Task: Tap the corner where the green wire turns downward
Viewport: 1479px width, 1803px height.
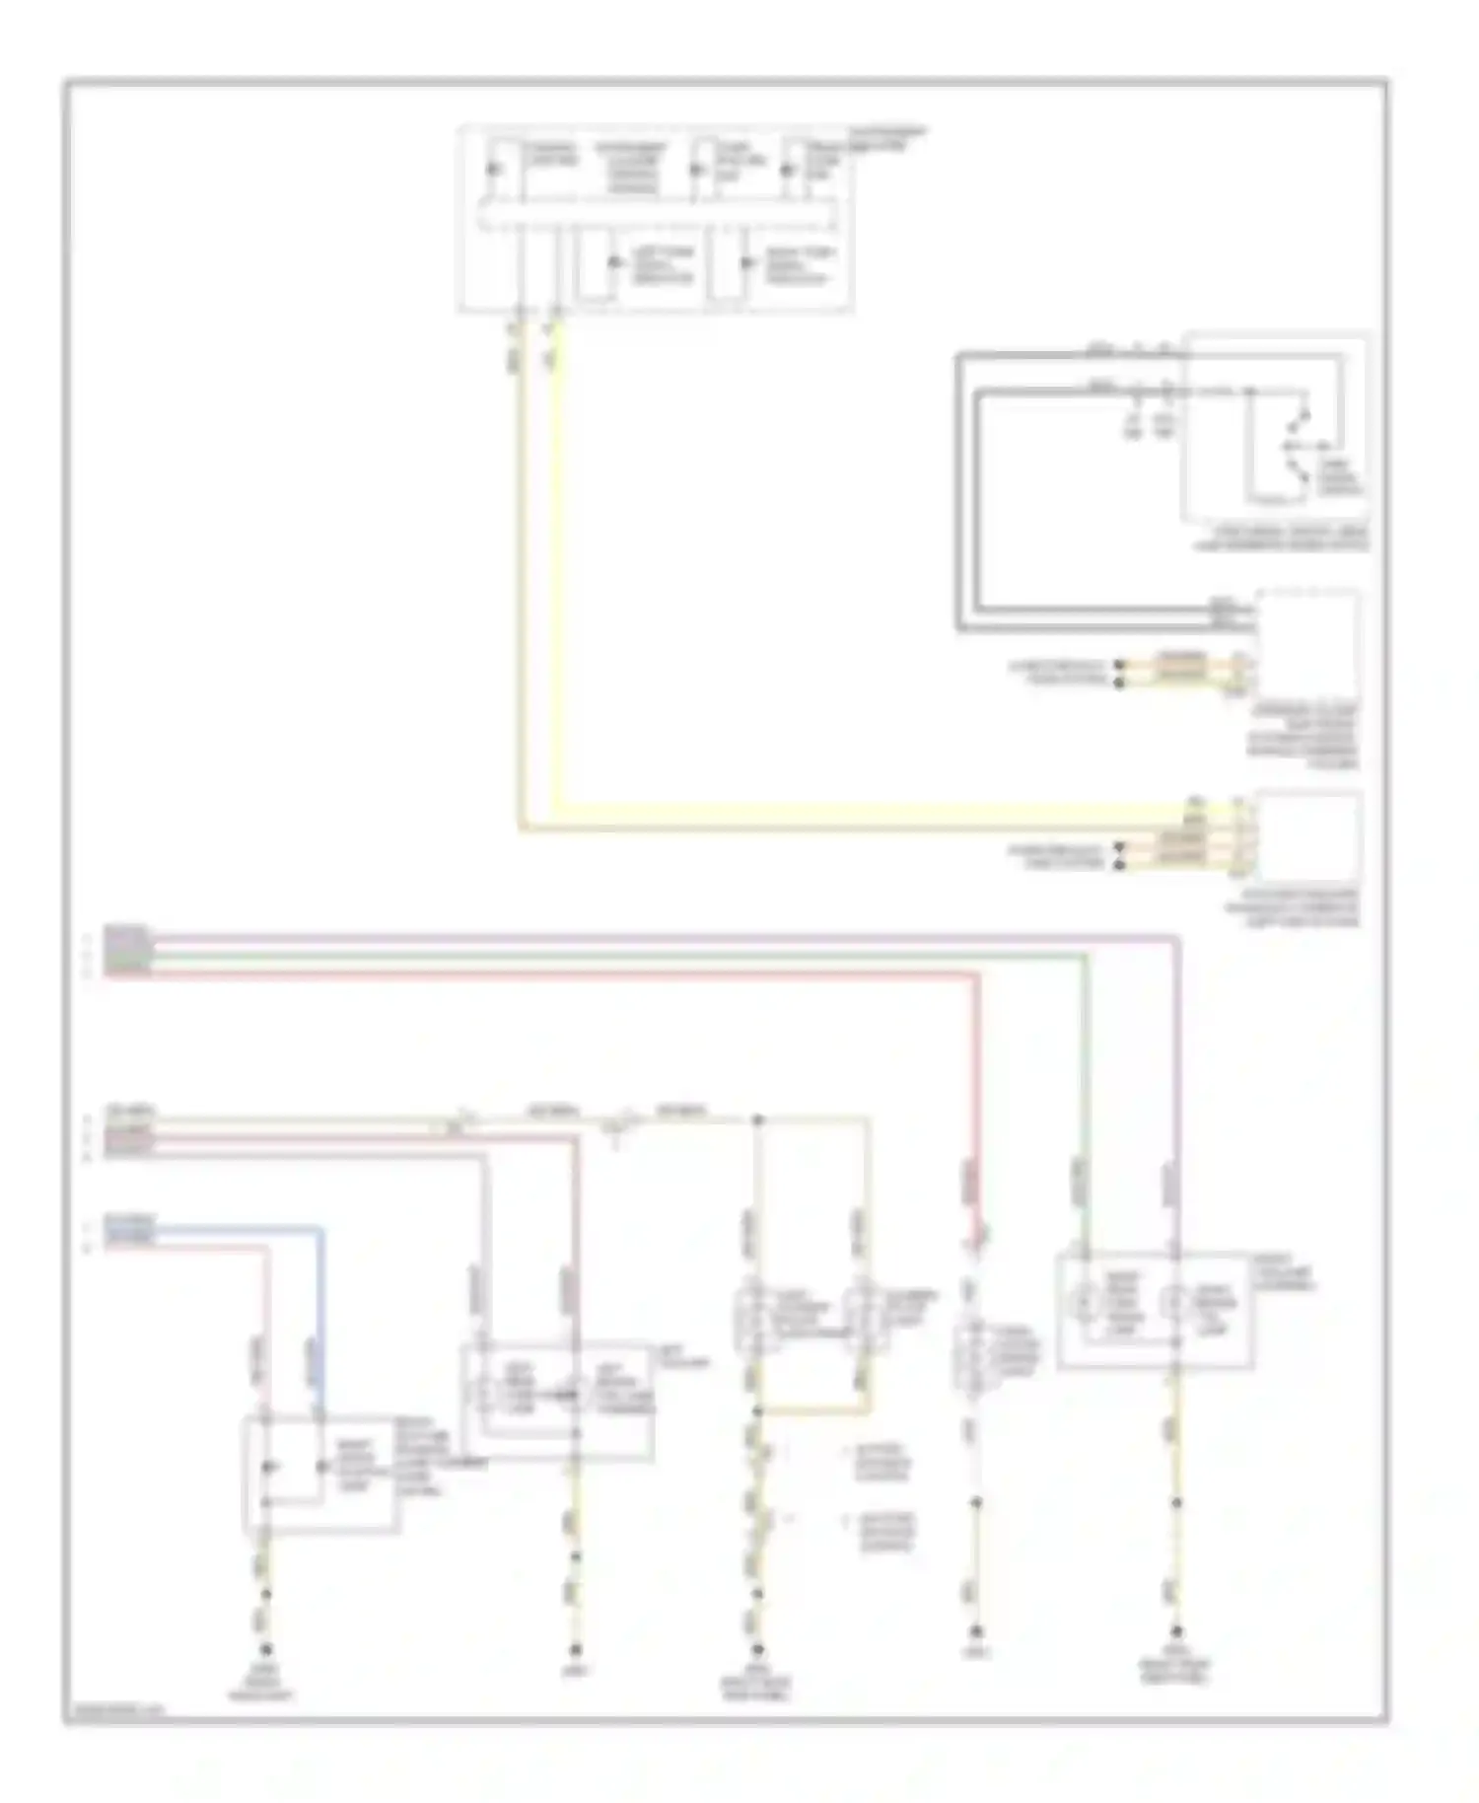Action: tap(1086, 956)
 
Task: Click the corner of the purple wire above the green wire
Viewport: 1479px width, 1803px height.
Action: tap(1176, 938)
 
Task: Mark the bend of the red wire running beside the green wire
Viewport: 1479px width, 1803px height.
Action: tap(977, 974)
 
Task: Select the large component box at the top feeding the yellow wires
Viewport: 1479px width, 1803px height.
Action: tap(656, 219)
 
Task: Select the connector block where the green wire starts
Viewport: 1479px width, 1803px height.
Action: tap(127, 951)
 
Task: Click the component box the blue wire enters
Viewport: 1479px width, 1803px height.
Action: tap(321, 1476)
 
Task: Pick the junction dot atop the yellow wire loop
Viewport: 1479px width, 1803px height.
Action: tap(757, 1120)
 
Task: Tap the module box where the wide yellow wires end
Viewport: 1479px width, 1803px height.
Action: tap(1307, 834)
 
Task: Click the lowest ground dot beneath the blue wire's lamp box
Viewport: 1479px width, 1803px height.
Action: tap(264, 1648)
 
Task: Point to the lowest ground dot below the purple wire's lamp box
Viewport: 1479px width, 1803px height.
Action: tap(1175, 1631)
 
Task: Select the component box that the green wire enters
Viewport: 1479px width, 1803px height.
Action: tap(1155, 1310)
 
